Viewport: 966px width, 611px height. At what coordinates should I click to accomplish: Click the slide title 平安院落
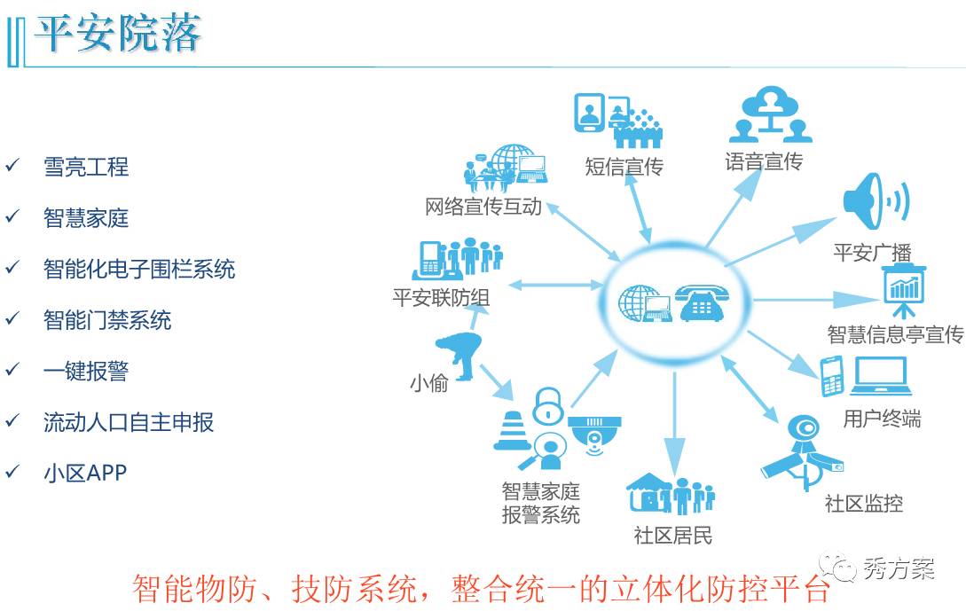coord(118,34)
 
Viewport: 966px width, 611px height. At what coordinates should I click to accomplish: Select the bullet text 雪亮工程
coord(86,167)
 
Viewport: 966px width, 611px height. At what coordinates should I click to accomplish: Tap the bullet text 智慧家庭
coord(86,218)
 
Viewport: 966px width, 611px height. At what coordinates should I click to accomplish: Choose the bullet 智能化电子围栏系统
coord(139,269)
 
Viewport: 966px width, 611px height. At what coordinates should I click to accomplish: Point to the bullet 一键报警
coord(86,371)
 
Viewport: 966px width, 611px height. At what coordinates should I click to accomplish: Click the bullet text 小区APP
coord(85,473)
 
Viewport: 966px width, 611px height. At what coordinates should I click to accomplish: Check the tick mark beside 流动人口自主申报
coord(12,421)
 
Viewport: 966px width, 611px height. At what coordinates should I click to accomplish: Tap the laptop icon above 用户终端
coord(881,377)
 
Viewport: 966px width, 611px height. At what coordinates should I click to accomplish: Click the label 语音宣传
coord(763,161)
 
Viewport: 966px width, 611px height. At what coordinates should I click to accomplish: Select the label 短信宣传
coord(624,166)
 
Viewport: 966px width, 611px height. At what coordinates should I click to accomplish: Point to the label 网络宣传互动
coord(483,208)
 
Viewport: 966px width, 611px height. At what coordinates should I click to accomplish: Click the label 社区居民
coord(672,535)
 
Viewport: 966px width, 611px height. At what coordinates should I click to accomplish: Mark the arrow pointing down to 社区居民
coord(674,426)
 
